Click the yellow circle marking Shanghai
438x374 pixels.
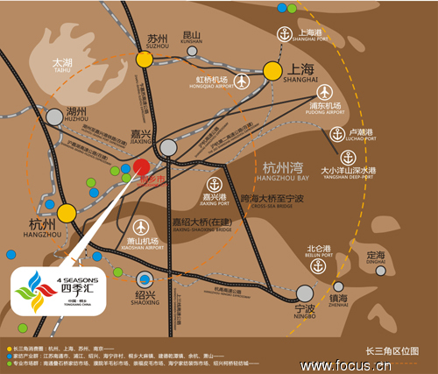pos(273,69)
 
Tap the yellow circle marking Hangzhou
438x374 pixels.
pos(67,212)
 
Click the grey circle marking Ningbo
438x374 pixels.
pos(304,293)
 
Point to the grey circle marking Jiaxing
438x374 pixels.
pos(168,148)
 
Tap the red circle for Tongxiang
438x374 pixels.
pos(141,168)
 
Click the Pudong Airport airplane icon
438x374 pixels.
pos(324,91)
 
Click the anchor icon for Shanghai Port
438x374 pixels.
pos(283,34)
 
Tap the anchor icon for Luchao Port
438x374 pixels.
pos(337,134)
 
